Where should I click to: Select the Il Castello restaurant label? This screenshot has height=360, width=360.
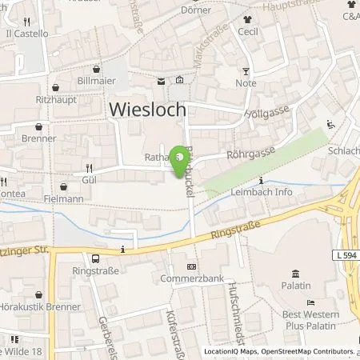[x=27, y=34]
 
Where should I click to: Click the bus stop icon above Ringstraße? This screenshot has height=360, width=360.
[x=95, y=258]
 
